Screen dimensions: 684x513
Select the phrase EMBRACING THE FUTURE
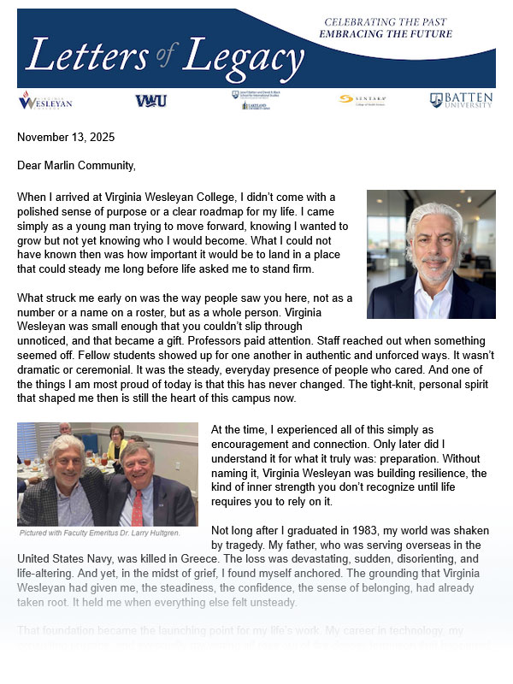click(x=385, y=33)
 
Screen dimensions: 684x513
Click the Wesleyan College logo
click(x=40, y=102)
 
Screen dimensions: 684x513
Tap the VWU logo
click(x=151, y=101)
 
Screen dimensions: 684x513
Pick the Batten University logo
click(x=461, y=101)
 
